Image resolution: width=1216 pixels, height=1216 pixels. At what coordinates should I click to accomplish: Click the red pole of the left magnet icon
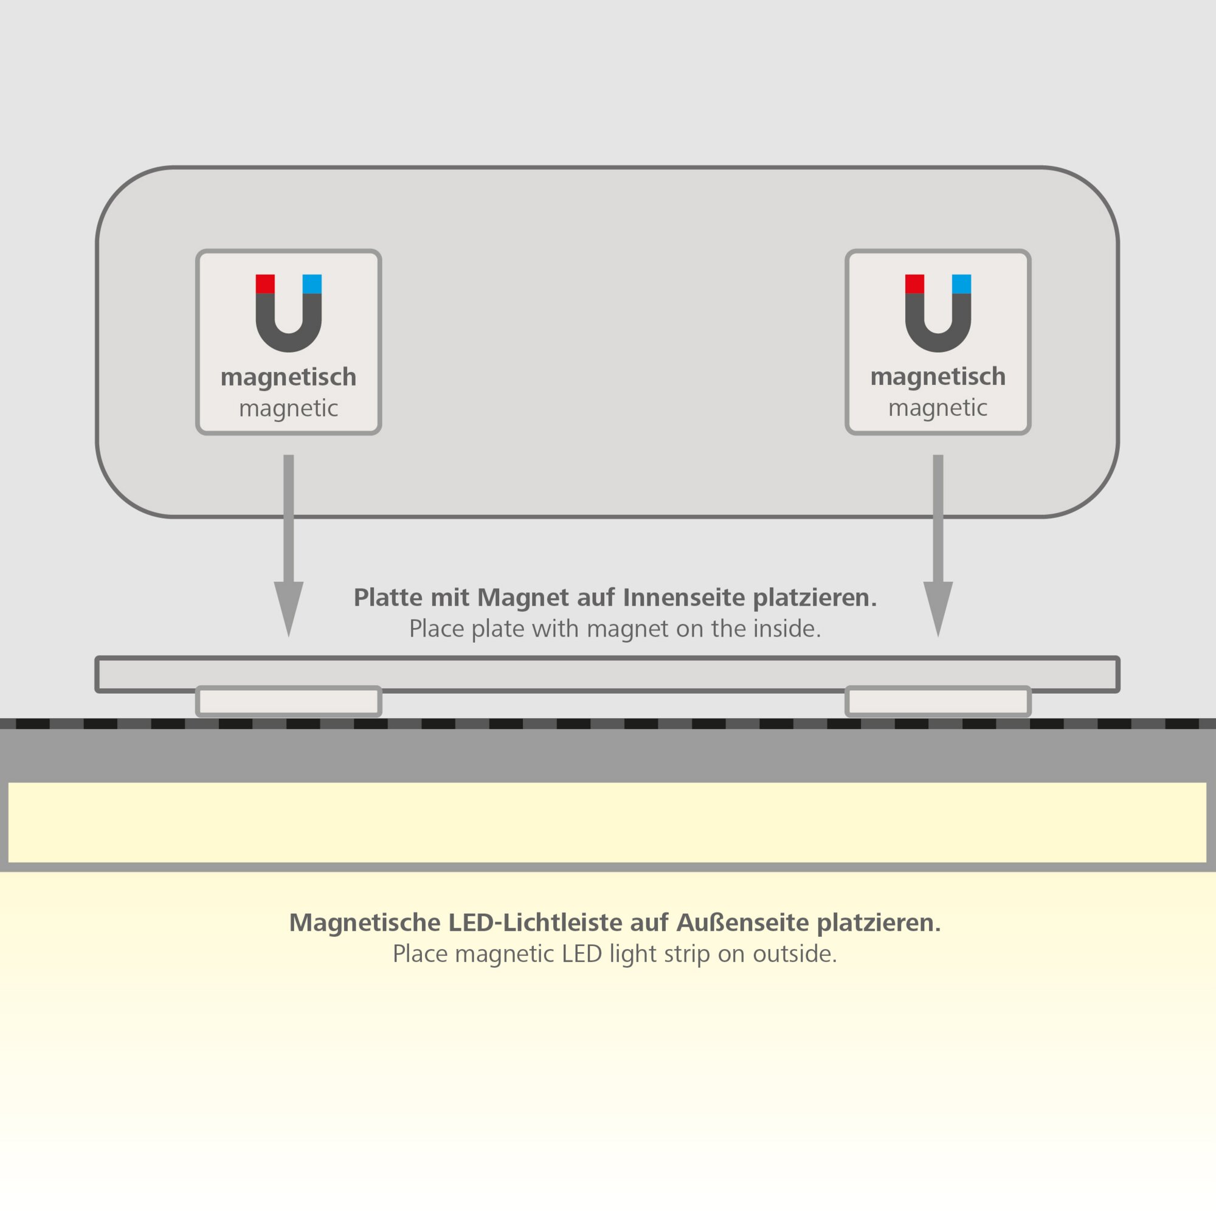point(265,284)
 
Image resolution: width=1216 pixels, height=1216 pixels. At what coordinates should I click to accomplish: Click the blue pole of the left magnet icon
point(312,284)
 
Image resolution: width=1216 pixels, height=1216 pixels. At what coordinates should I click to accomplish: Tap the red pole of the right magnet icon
point(914,284)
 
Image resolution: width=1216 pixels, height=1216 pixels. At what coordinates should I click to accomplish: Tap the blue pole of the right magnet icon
point(961,284)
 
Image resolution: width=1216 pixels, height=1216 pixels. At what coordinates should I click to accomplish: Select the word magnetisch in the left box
point(288,378)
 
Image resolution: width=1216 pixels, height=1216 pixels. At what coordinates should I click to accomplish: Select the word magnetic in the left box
point(288,409)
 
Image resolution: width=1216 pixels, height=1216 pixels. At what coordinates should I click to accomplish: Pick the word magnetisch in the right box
point(938,377)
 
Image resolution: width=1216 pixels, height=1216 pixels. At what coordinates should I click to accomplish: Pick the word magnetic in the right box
point(938,408)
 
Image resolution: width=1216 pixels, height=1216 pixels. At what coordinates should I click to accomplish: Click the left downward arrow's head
point(289,604)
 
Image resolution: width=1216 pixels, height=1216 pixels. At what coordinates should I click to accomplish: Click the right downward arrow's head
point(938,604)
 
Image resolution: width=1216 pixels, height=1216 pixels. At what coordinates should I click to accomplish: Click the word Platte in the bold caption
point(388,597)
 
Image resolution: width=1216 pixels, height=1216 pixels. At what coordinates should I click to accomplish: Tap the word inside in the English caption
point(790,629)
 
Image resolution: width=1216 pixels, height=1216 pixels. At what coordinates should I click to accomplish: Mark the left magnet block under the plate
point(289,701)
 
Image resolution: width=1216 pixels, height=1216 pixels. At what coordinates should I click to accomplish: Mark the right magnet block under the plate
point(938,701)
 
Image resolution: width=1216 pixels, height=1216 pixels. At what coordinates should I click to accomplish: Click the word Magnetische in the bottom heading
point(364,923)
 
